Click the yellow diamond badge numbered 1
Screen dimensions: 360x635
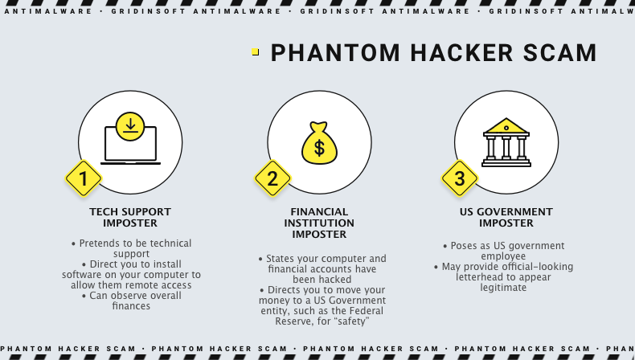(83, 179)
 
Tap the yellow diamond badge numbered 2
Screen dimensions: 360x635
(272, 179)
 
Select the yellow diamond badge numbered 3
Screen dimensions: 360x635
(460, 179)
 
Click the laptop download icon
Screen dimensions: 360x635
(130, 140)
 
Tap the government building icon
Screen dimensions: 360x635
(506, 142)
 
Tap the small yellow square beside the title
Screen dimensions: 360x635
(256, 51)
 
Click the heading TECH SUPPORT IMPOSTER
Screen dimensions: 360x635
(130, 217)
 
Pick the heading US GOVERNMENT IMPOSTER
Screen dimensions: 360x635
(506, 217)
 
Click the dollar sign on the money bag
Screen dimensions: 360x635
(319, 147)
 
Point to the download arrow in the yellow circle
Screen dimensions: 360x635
(130, 125)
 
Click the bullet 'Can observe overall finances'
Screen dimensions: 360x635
(130, 301)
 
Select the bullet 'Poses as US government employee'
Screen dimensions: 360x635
(504, 251)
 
